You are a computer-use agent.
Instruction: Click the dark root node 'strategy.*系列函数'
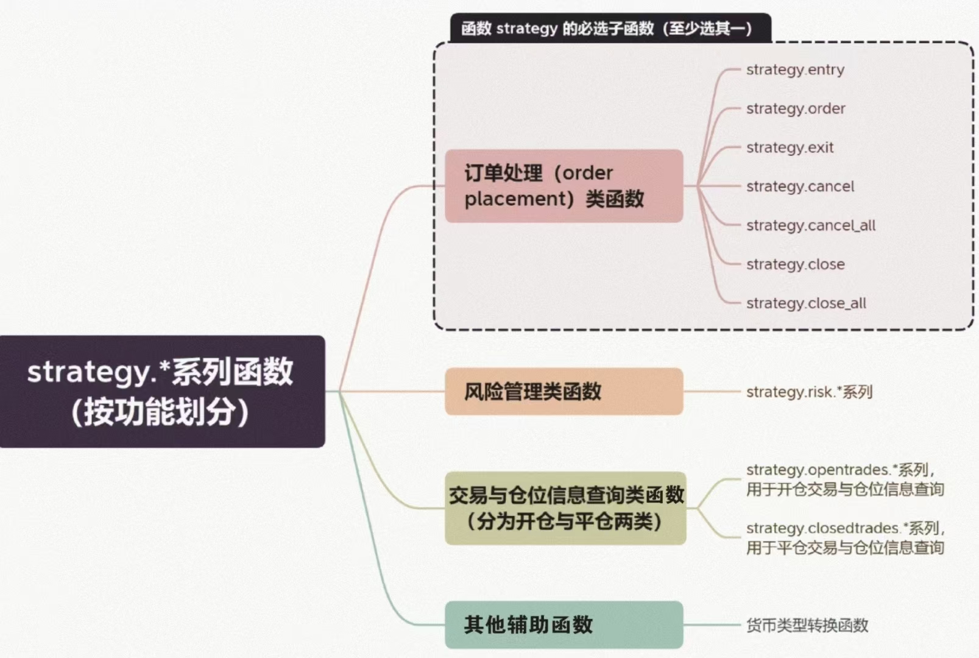(x=162, y=391)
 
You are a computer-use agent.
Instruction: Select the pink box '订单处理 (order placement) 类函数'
(x=564, y=186)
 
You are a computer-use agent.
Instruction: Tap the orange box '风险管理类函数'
(x=564, y=391)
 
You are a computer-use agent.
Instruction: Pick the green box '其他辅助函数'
(x=564, y=624)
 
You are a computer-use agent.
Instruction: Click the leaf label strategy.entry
(x=795, y=70)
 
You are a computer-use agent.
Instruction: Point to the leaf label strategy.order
(x=796, y=109)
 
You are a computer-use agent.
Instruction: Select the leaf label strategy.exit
(x=790, y=148)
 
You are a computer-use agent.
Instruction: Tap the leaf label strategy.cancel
(x=800, y=186)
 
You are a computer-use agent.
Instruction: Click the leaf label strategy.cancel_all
(x=811, y=225)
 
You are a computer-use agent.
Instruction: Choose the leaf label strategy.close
(x=795, y=264)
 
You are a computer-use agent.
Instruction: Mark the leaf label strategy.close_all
(x=806, y=303)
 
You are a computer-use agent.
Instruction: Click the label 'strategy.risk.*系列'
(x=809, y=392)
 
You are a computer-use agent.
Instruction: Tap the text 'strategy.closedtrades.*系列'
(x=843, y=528)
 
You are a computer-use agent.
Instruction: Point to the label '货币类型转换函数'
(x=807, y=625)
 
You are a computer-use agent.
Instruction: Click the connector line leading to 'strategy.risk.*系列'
(x=712, y=391)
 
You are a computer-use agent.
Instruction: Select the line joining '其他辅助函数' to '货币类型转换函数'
(x=712, y=624)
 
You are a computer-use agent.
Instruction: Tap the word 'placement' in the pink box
(x=515, y=199)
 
